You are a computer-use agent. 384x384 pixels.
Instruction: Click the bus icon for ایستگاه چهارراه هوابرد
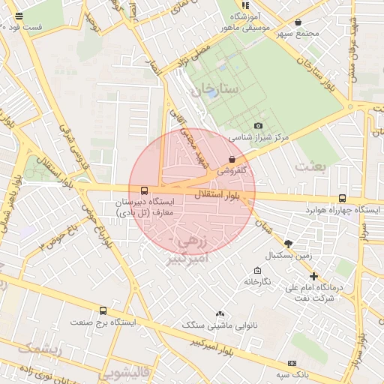click(343, 199)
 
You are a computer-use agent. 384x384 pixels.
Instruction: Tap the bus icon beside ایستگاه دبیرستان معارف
click(144, 190)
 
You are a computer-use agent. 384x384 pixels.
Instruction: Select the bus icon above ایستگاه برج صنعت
click(103, 310)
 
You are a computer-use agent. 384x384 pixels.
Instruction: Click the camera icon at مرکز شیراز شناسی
click(259, 126)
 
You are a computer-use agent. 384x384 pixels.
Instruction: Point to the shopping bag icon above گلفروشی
click(231, 160)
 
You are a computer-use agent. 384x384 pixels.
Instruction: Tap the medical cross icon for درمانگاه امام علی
click(313, 276)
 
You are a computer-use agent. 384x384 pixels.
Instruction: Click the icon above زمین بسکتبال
click(288, 243)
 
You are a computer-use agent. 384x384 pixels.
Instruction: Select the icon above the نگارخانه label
click(258, 271)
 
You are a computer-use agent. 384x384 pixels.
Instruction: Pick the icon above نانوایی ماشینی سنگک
click(220, 313)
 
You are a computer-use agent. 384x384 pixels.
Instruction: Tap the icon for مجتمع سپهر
click(298, 22)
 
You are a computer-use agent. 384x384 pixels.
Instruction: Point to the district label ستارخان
click(213, 90)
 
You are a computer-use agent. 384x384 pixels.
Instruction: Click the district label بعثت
click(312, 166)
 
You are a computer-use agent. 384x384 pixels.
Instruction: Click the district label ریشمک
click(34, 348)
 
